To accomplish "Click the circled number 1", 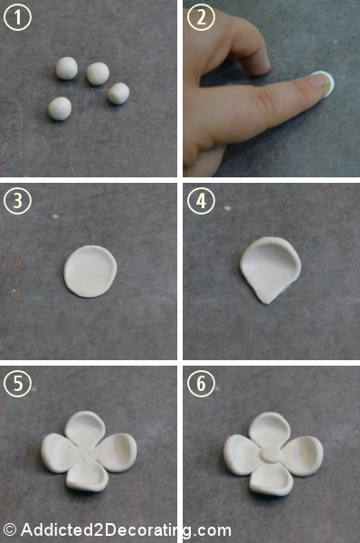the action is click(x=17, y=17).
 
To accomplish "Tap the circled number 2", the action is click(x=201, y=17).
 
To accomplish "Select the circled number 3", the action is click(x=17, y=201).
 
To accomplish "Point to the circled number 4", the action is click(x=201, y=201).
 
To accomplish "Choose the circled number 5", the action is click(x=17, y=384).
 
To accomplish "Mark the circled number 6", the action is click(x=201, y=384).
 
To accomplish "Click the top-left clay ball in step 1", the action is click(x=67, y=68).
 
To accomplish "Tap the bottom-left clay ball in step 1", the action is click(x=60, y=109).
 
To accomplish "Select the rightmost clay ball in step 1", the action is click(x=118, y=93).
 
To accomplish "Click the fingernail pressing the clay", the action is click(x=318, y=81).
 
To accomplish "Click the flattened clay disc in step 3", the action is click(x=90, y=271).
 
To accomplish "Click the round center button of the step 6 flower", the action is click(x=270, y=454).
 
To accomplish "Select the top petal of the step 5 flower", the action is click(x=85, y=429).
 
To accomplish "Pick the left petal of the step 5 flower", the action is click(x=62, y=453).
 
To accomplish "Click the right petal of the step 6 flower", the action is click(x=302, y=455).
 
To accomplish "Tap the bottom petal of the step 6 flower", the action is click(x=271, y=480).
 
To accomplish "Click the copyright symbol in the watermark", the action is click(x=9, y=530).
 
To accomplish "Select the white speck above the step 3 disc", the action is click(x=55, y=216).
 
